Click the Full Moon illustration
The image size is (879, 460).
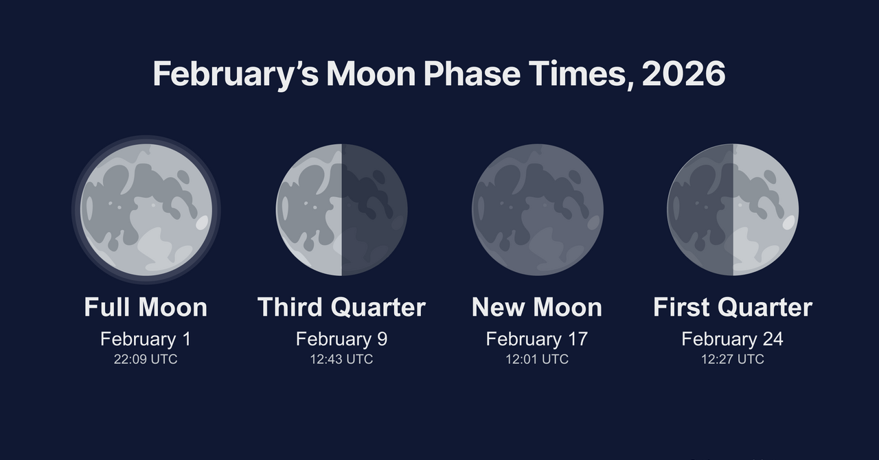click(x=146, y=209)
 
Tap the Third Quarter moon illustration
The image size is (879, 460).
click(x=341, y=209)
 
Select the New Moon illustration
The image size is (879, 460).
click(x=537, y=209)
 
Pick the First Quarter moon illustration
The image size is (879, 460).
click(x=733, y=209)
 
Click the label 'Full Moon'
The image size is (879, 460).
click(x=146, y=307)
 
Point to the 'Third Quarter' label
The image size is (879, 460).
click(x=341, y=307)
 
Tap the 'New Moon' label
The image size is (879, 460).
click(x=537, y=307)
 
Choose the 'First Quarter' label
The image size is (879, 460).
click(x=733, y=307)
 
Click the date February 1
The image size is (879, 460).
click(x=146, y=338)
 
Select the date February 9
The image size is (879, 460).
click(x=341, y=338)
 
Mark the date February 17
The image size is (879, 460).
click(x=537, y=338)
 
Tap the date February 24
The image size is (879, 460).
click(x=733, y=338)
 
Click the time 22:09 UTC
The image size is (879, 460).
click(x=146, y=359)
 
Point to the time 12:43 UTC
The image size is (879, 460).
click(x=341, y=359)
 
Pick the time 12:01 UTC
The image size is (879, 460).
click(x=537, y=359)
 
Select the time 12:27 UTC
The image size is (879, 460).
click(x=733, y=359)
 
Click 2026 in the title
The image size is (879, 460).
click(x=683, y=73)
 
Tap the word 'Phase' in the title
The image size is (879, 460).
click(x=472, y=73)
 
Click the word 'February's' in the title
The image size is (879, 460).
click(x=236, y=76)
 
